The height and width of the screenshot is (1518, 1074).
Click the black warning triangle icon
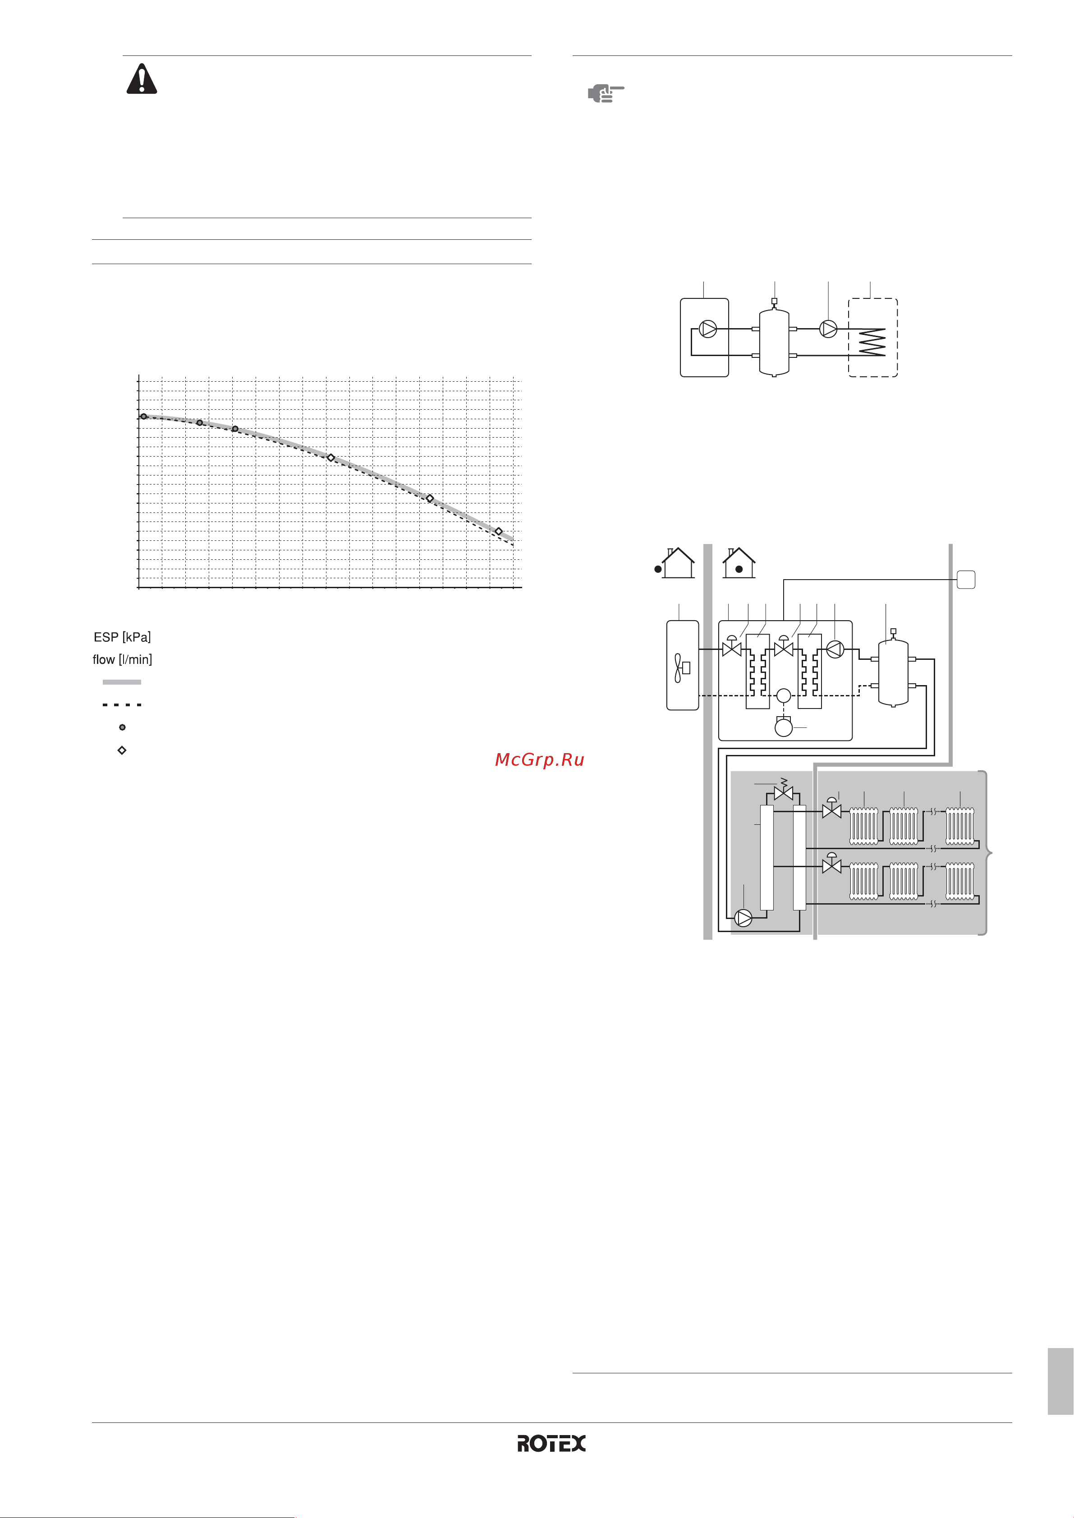tap(142, 79)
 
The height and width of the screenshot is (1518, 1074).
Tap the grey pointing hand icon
tap(606, 93)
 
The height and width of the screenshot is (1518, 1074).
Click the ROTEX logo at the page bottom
tap(551, 1443)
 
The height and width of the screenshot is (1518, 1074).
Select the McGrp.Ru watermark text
tap(540, 759)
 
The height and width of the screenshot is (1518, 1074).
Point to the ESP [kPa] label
tap(122, 637)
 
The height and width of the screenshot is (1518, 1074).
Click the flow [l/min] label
tap(122, 659)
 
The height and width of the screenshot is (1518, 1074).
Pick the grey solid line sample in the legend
tap(122, 681)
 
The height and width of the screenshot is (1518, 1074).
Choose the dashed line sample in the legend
tap(122, 705)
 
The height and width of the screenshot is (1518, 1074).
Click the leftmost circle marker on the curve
tap(143, 416)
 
